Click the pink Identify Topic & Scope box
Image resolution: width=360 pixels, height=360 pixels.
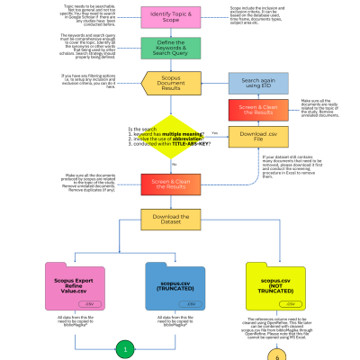coord(164,17)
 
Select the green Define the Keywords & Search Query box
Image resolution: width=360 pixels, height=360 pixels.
coord(164,49)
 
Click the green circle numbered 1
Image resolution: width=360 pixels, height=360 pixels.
coord(126,349)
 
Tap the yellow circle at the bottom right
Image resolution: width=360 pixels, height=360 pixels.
coord(277,354)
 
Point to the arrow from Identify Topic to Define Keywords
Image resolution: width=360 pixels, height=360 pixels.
coord(164,33)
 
